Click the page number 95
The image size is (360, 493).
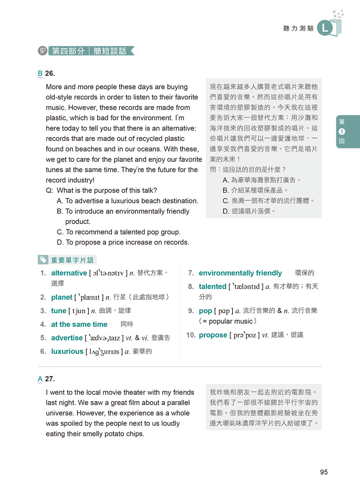tap(324, 472)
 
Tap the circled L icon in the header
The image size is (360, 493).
tap(325, 28)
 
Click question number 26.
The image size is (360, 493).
tap(50, 73)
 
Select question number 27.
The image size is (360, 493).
tap(50, 379)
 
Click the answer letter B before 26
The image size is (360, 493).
tap(40, 73)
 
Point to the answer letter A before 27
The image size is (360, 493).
tap(40, 379)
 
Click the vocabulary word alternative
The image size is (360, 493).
tap(69, 273)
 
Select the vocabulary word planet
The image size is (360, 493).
tap(62, 297)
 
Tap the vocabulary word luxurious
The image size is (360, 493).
tap(67, 351)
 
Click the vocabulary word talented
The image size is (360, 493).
tap(212, 286)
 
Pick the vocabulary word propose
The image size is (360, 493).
tap(213, 335)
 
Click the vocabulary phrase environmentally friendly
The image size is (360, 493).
tap(240, 273)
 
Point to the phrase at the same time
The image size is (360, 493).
tap(79, 324)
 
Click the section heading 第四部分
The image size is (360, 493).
tap(68, 51)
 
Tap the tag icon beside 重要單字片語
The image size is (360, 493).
tap(43, 260)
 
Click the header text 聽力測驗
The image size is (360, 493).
tap(298, 28)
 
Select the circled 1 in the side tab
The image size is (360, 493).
tap(342, 131)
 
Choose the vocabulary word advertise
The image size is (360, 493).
tap(67, 338)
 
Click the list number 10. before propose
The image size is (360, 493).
tap(191, 335)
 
